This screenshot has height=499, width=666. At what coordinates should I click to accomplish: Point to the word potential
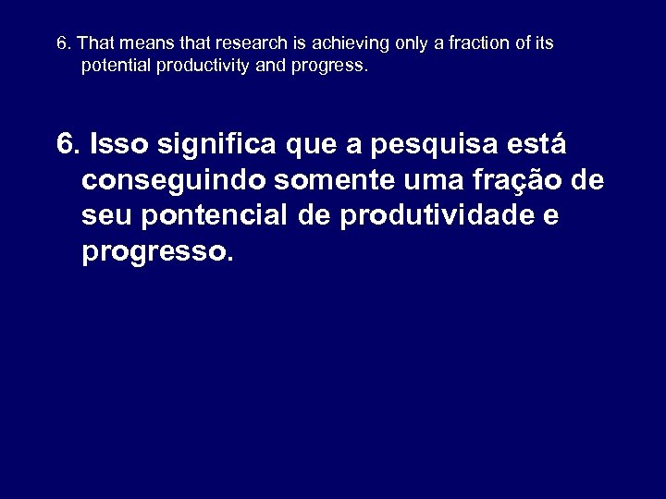[115, 67]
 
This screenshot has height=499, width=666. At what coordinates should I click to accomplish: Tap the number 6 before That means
[61, 44]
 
